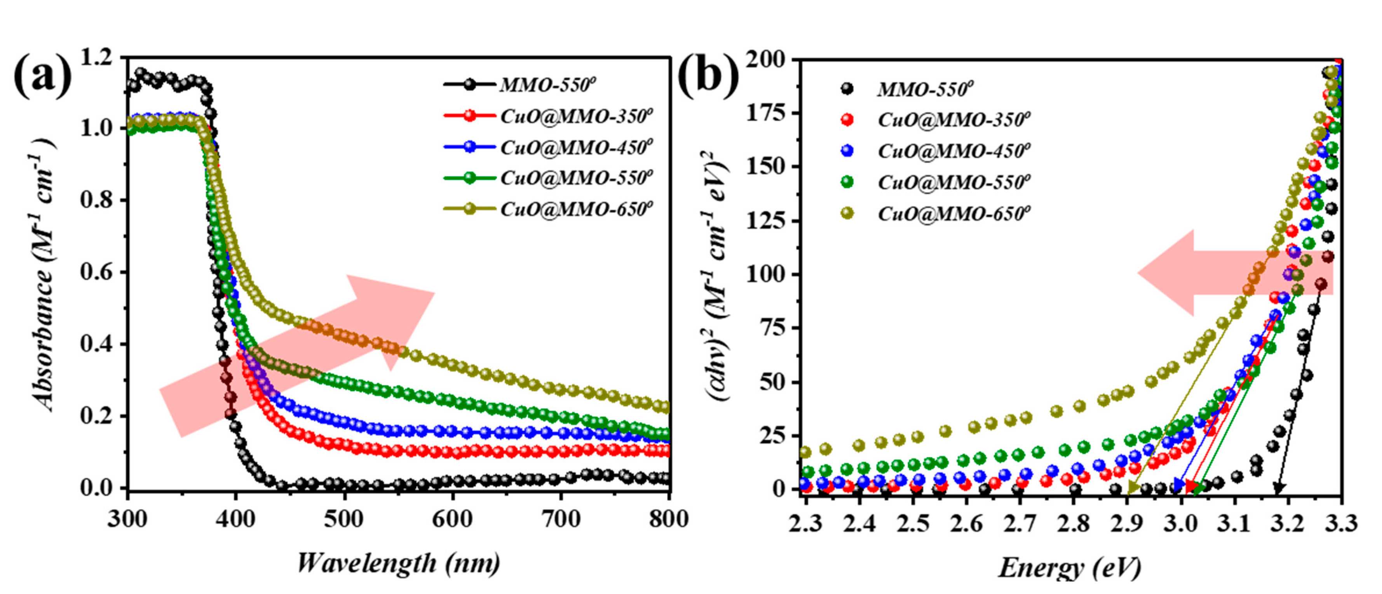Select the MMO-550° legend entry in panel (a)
click(547, 85)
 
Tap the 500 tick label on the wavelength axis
click(343, 519)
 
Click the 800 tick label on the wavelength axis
click(669, 519)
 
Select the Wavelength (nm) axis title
click(398, 563)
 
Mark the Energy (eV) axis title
click(1069, 567)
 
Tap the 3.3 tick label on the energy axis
click(1341, 523)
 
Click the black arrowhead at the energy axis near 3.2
click(1279, 488)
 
